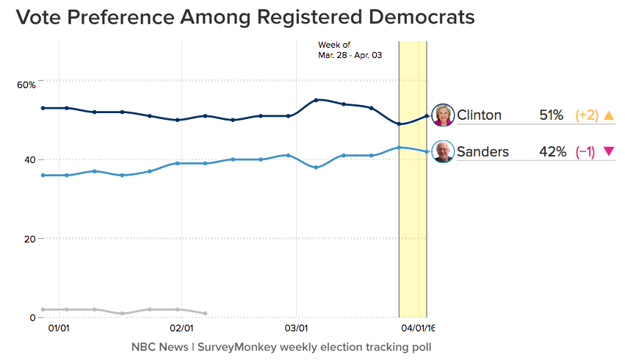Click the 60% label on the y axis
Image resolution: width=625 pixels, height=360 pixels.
click(26, 85)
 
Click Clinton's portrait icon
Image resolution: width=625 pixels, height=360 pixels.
click(444, 115)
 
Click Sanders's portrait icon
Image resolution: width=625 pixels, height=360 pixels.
click(444, 152)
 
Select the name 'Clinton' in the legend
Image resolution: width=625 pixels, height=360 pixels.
click(479, 115)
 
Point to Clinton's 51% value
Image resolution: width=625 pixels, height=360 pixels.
click(551, 115)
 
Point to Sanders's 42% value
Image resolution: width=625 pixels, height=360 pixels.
click(552, 152)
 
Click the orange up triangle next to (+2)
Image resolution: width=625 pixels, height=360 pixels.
click(608, 115)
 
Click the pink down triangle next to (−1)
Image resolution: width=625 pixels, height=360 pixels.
click(608, 152)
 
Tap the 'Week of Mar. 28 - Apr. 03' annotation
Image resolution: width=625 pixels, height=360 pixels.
click(350, 50)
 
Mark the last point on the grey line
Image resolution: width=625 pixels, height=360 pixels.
click(205, 313)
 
